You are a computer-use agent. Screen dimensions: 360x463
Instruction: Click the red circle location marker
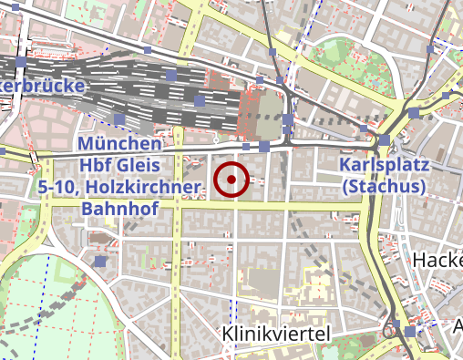point(232,180)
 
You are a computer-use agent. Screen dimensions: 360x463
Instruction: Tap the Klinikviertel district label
point(275,335)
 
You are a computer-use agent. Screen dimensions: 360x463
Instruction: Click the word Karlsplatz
point(384,165)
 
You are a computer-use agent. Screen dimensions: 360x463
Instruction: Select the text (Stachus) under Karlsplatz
point(384,186)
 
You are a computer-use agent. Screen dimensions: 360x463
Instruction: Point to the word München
point(120,144)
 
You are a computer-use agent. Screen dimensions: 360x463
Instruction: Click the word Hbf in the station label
point(99,165)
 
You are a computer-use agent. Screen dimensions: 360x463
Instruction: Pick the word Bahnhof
point(120,209)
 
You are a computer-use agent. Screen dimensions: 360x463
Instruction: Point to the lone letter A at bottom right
point(458,326)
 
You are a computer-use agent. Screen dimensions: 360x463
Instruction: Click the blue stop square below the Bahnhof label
point(100,262)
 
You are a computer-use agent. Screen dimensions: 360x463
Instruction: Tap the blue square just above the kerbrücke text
point(22,62)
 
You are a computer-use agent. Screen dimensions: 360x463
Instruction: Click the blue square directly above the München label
point(119,119)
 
